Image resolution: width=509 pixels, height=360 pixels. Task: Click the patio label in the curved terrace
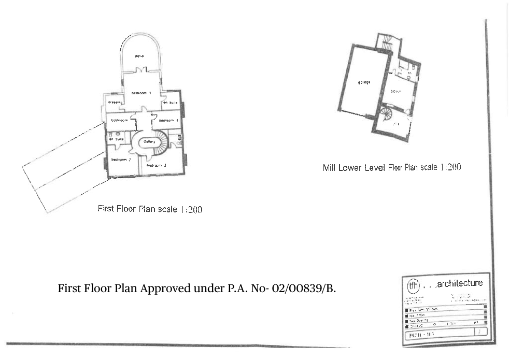click(139, 56)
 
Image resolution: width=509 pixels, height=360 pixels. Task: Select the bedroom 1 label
click(140, 93)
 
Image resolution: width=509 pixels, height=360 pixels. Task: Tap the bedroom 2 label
click(120, 160)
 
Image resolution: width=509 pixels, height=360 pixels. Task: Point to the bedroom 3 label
click(156, 165)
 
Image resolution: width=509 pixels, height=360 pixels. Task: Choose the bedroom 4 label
click(168, 120)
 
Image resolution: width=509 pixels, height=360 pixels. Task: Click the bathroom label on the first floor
click(119, 120)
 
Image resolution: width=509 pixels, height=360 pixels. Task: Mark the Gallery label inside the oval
click(149, 141)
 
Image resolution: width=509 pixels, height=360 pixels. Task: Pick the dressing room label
click(115, 103)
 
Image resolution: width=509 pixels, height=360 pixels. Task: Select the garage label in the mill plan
click(364, 82)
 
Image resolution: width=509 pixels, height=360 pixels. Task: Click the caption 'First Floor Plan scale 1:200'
click(150, 209)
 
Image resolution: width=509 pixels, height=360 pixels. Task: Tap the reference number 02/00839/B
click(306, 289)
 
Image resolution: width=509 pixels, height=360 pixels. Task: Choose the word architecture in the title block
click(459, 283)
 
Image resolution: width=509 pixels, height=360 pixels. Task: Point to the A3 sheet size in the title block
click(476, 322)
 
